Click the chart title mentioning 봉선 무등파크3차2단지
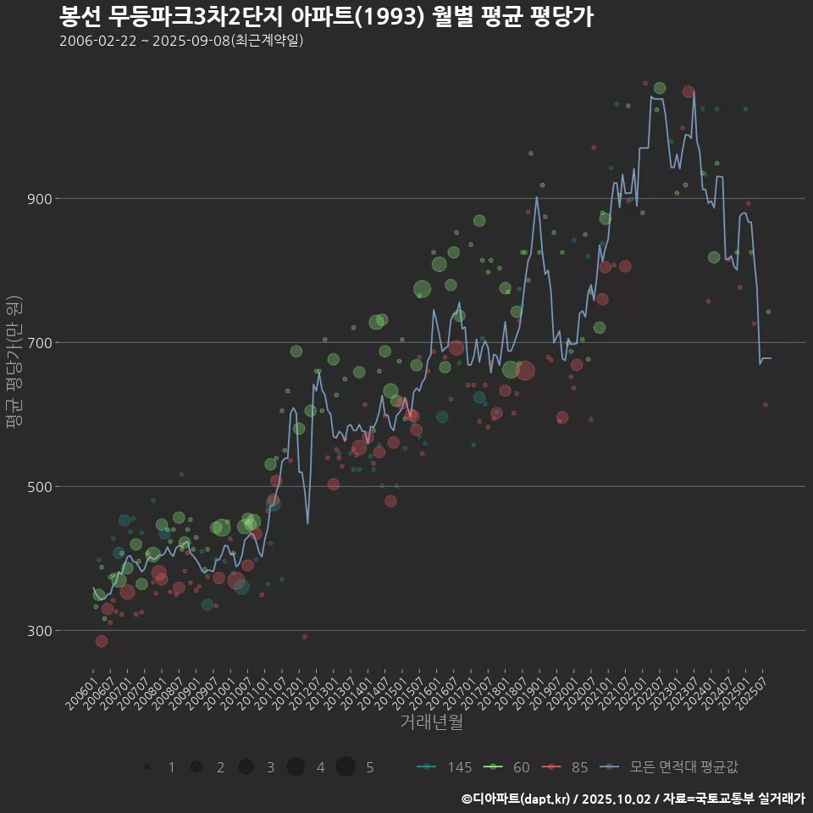326,16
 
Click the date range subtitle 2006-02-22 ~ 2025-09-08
181,41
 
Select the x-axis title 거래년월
431,722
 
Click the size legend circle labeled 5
346,767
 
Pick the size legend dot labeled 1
147,767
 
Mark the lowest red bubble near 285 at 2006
102,641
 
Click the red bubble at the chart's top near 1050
689,91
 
